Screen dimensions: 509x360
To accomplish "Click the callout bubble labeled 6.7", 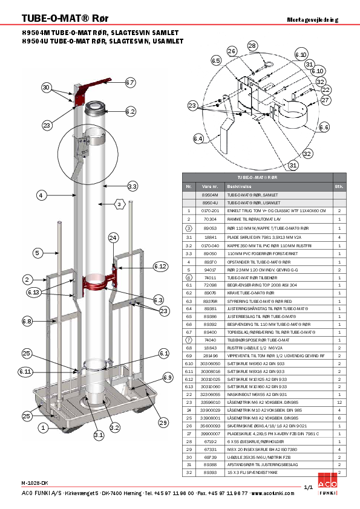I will (x=130, y=82).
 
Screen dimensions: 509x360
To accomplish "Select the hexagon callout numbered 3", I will (x=120, y=205).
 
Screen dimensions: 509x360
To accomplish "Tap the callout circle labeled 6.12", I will (x=160, y=266).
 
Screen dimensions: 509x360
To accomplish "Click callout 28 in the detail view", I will (x=252, y=46).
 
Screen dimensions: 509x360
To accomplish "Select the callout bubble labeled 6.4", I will (x=198, y=139).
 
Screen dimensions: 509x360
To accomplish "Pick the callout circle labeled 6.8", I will (x=27, y=322).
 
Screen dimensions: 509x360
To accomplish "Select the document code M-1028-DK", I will (x=35, y=482).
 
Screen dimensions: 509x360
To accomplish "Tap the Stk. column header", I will (x=339, y=186).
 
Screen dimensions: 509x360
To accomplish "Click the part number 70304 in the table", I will (x=210, y=218).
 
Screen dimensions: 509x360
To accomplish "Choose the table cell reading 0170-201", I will (x=210, y=210).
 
